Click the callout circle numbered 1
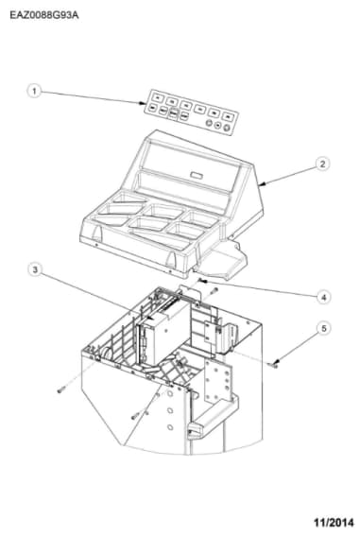(x=34, y=92)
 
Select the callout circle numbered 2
(x=322, y=164)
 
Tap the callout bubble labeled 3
(x=35, y=269)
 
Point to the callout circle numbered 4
(x=323, y=297)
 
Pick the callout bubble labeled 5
(x=323, y=328)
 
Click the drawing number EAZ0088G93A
(x=44, y=15)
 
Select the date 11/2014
(x=334, y=523)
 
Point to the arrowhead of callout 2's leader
(x=262, y=184)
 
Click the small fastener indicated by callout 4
(x=200, y=281)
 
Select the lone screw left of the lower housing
(x=61, y=389)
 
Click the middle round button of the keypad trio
(x=217, y=126)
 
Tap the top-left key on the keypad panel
(x=158, y=97)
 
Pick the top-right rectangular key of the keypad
(x=228, y=116)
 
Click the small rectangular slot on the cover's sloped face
(x=197, y=176)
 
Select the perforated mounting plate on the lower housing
(x=218, y=380)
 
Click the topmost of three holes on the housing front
(x=170, y=393)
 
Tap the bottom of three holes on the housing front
(x=170, y=427)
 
